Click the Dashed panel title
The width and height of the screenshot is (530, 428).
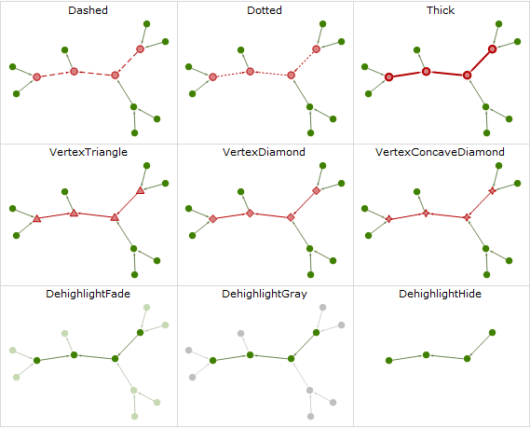click(x=88, y=10)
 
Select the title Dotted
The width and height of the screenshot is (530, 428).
click(x=265, y=10)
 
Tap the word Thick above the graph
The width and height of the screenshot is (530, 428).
click(x=441, y=10)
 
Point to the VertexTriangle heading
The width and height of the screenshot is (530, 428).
click(x=88, y=152)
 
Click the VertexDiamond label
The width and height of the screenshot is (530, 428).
click(x=264, y=152)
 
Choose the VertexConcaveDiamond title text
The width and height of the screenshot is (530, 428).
click(x=440, y=152)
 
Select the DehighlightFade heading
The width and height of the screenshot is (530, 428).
click(x=88, y=294)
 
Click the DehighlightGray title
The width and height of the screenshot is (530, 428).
click(x=265, y=294)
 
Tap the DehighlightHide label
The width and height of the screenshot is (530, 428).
click(x=440, y=294)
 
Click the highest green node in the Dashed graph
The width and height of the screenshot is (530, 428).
click(x=146, y=24)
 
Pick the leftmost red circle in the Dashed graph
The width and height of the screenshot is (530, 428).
click(x=37, y=77)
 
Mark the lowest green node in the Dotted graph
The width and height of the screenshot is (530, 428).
click(x=310, y=133)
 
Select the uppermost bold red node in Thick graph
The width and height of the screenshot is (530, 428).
click(x=492, y=49)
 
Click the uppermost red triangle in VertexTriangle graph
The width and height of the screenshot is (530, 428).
click(x=141, y=191)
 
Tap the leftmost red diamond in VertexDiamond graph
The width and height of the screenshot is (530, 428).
click(x=213, y=219)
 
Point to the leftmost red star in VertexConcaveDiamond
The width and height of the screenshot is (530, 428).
click(x=388, y=219)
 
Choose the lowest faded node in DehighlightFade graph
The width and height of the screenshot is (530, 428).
click(x=134, y=416)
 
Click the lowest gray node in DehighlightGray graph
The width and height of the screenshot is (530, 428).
click(x=310, y=416)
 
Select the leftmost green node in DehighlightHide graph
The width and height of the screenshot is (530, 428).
click(x=388, y=361)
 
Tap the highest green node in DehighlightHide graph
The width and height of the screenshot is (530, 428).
click(x=492, y=333)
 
